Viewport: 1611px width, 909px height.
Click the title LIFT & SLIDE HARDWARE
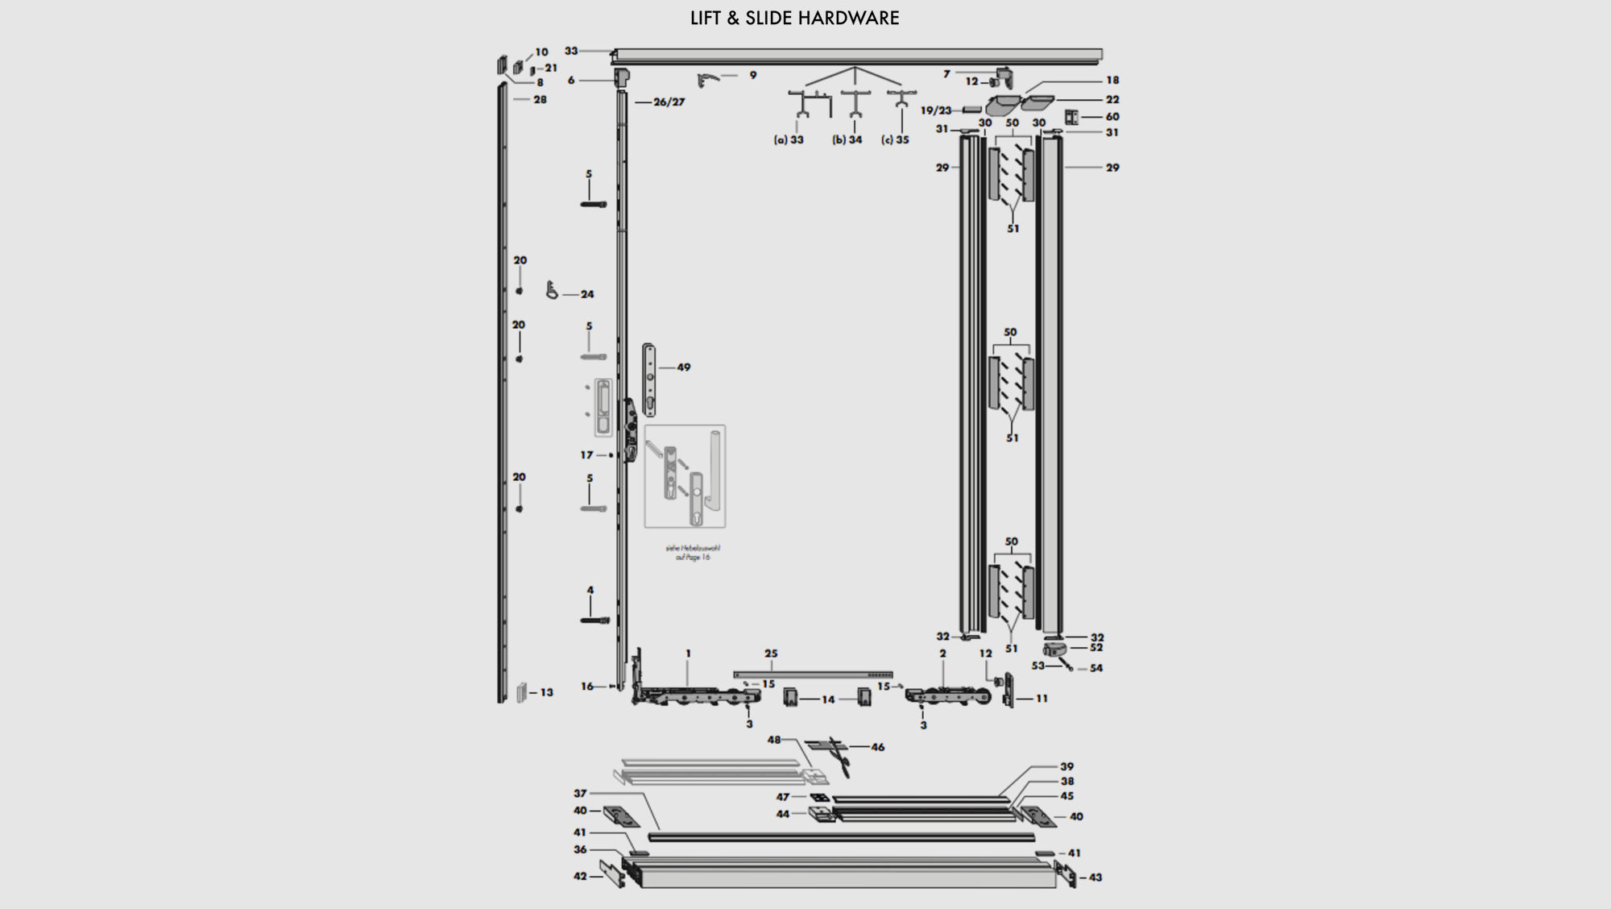point(794,18)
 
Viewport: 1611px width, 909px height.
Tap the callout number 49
point(683,367)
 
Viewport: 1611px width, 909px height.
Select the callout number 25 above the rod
point(771,654)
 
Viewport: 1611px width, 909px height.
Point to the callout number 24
point(587,294)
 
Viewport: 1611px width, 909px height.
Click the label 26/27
point(669,102)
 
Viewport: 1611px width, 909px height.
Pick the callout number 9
point(753,75)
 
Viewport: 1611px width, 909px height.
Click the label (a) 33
point(789,139)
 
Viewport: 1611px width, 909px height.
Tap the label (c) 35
point(895,139)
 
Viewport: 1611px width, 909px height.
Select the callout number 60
point(1112,117)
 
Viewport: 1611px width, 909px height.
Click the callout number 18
point(1112,81)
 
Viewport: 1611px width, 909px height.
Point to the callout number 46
point(877,747)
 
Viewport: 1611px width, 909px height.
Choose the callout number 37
point(580,794)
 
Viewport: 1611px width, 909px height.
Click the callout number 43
point(1095,878)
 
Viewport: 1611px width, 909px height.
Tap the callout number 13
point(546,692)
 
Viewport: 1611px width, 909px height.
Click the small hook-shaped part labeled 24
point(552,289)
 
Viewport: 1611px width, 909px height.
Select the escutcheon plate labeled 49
point(649,380)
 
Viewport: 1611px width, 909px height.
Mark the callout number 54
point(1095,668)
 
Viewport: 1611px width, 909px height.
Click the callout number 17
point(586,455)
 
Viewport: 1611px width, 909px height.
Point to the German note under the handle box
point(693,552)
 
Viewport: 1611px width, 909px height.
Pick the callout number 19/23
point(936,110)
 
